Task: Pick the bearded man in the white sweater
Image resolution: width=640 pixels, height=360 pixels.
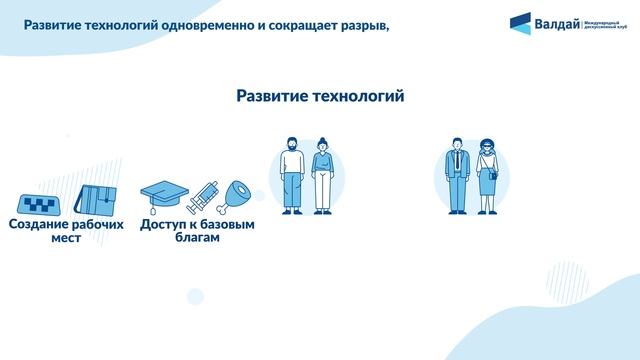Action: (x=290, y=175)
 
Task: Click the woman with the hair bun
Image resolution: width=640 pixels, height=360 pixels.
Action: (x=322, y=175)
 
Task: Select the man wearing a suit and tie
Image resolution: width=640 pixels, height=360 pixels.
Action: (x=457, y=175)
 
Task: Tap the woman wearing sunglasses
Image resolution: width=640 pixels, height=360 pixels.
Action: (x=488, y=175)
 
